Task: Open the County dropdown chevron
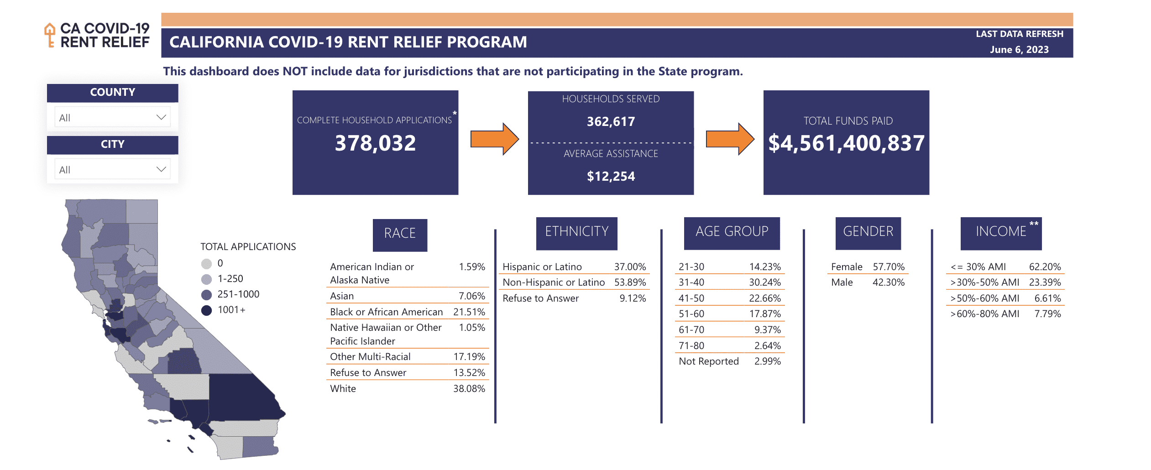coord(161,117)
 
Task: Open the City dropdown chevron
coord(161,169)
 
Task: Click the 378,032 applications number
coord(375,143)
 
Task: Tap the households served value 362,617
coord(611,121)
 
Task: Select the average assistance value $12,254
coord(611,176)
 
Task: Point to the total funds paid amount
coord(846,143)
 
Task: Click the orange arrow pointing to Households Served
coord(495,139)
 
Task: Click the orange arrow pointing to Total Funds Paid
coord(730,139)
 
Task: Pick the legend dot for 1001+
coord(207,310)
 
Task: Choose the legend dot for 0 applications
coord(207,264)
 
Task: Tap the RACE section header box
coord(400,235)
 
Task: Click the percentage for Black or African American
coord(469,312)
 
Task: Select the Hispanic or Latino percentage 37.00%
coord(630,266)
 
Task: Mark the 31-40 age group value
coord(765,282)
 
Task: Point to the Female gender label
coord(847,266)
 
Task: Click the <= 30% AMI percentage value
coord(1045,266)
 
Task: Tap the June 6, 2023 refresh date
coord(1019,50)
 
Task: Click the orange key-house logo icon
coord(50,35)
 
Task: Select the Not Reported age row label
coord(708,361)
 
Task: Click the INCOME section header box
coord(1001,234)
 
